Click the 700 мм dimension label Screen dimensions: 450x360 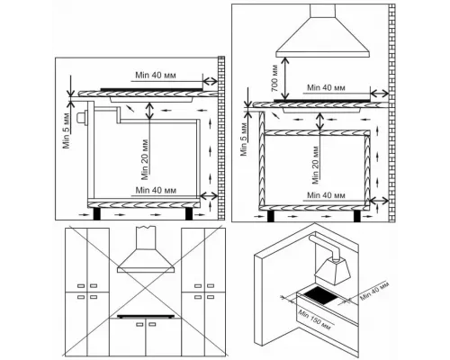[x=275, y=78]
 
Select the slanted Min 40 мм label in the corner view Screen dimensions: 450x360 [x=374, y=292]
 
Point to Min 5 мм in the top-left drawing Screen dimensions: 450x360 [x=67, y=130]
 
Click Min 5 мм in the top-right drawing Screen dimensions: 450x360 [x=244, y=139]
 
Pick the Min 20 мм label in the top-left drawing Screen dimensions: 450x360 [x=145, y=159]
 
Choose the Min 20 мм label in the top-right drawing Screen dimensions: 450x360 [x=315, y=165]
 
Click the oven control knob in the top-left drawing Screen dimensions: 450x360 [x=82, y=118]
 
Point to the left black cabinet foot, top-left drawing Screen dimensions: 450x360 [x=97, y=213]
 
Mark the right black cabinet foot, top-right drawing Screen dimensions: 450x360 [x=357, y=216]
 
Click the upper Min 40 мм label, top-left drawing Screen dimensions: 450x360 [x=156, y=75]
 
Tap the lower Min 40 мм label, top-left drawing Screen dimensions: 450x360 [x=156, y=190]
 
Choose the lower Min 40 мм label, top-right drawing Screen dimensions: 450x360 [x=326, y=195]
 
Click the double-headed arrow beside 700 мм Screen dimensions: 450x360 [x=284, y=78]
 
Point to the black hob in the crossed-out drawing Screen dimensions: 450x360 [x=146, y=316]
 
